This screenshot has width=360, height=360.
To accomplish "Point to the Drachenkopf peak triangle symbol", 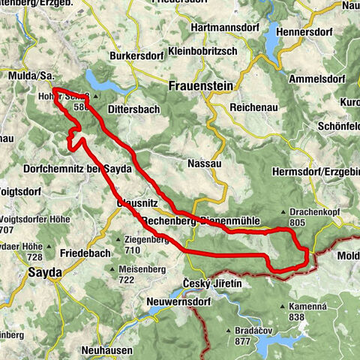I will point(283,212).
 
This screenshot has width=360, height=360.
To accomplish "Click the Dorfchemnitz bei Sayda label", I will point(78,169).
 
